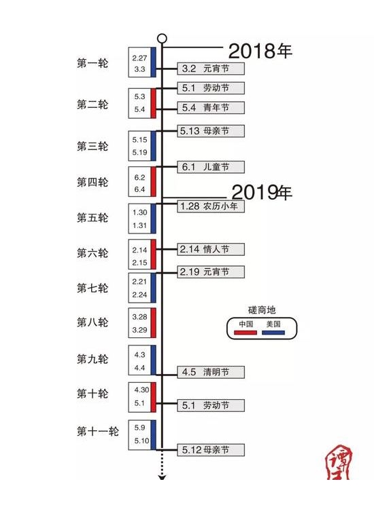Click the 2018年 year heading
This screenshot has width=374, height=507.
tap(260, 51)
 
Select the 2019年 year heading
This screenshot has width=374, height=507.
tap(262, 192)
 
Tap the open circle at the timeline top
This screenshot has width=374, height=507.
tap(162, 39)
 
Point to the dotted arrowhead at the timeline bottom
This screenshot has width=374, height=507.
tap(162, 477)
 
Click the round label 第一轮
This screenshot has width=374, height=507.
tap(92, 62)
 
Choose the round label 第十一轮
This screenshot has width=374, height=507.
tap(97, 431)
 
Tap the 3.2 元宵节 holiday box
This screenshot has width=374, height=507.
tap(211, 69)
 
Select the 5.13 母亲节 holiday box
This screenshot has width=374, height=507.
tap(211, 131)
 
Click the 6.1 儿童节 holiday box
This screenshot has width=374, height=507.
tap(211, 167)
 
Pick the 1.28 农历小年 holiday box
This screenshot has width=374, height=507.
tap(211, 206)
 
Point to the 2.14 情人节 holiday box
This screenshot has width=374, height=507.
tap(211, 249)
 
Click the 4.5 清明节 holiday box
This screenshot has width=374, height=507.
tap(211, 372)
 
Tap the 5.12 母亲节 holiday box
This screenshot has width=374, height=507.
tap(211, 450)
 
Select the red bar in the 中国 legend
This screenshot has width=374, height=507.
tap(245, 333)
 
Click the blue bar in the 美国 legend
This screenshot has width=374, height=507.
tap(273, 333)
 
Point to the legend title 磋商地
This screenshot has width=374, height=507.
tap(262, 310)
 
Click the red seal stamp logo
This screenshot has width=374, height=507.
tap(339, 462)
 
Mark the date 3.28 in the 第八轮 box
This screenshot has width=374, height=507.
tap(139, 317)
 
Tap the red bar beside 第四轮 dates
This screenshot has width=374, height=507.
tap(153, 181)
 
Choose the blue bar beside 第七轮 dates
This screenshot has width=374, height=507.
tap(153, 288)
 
